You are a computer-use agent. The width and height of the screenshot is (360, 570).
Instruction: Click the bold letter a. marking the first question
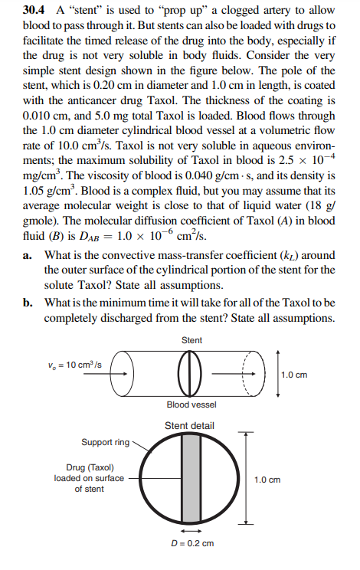(31, 254)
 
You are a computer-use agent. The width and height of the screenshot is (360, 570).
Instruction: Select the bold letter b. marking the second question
(31, 303)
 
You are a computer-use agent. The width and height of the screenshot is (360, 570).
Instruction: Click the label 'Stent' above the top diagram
(192, 339)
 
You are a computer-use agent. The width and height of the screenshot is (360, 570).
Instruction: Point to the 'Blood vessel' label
(191, 404)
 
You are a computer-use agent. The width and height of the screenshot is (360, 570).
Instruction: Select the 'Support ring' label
(105, 442)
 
